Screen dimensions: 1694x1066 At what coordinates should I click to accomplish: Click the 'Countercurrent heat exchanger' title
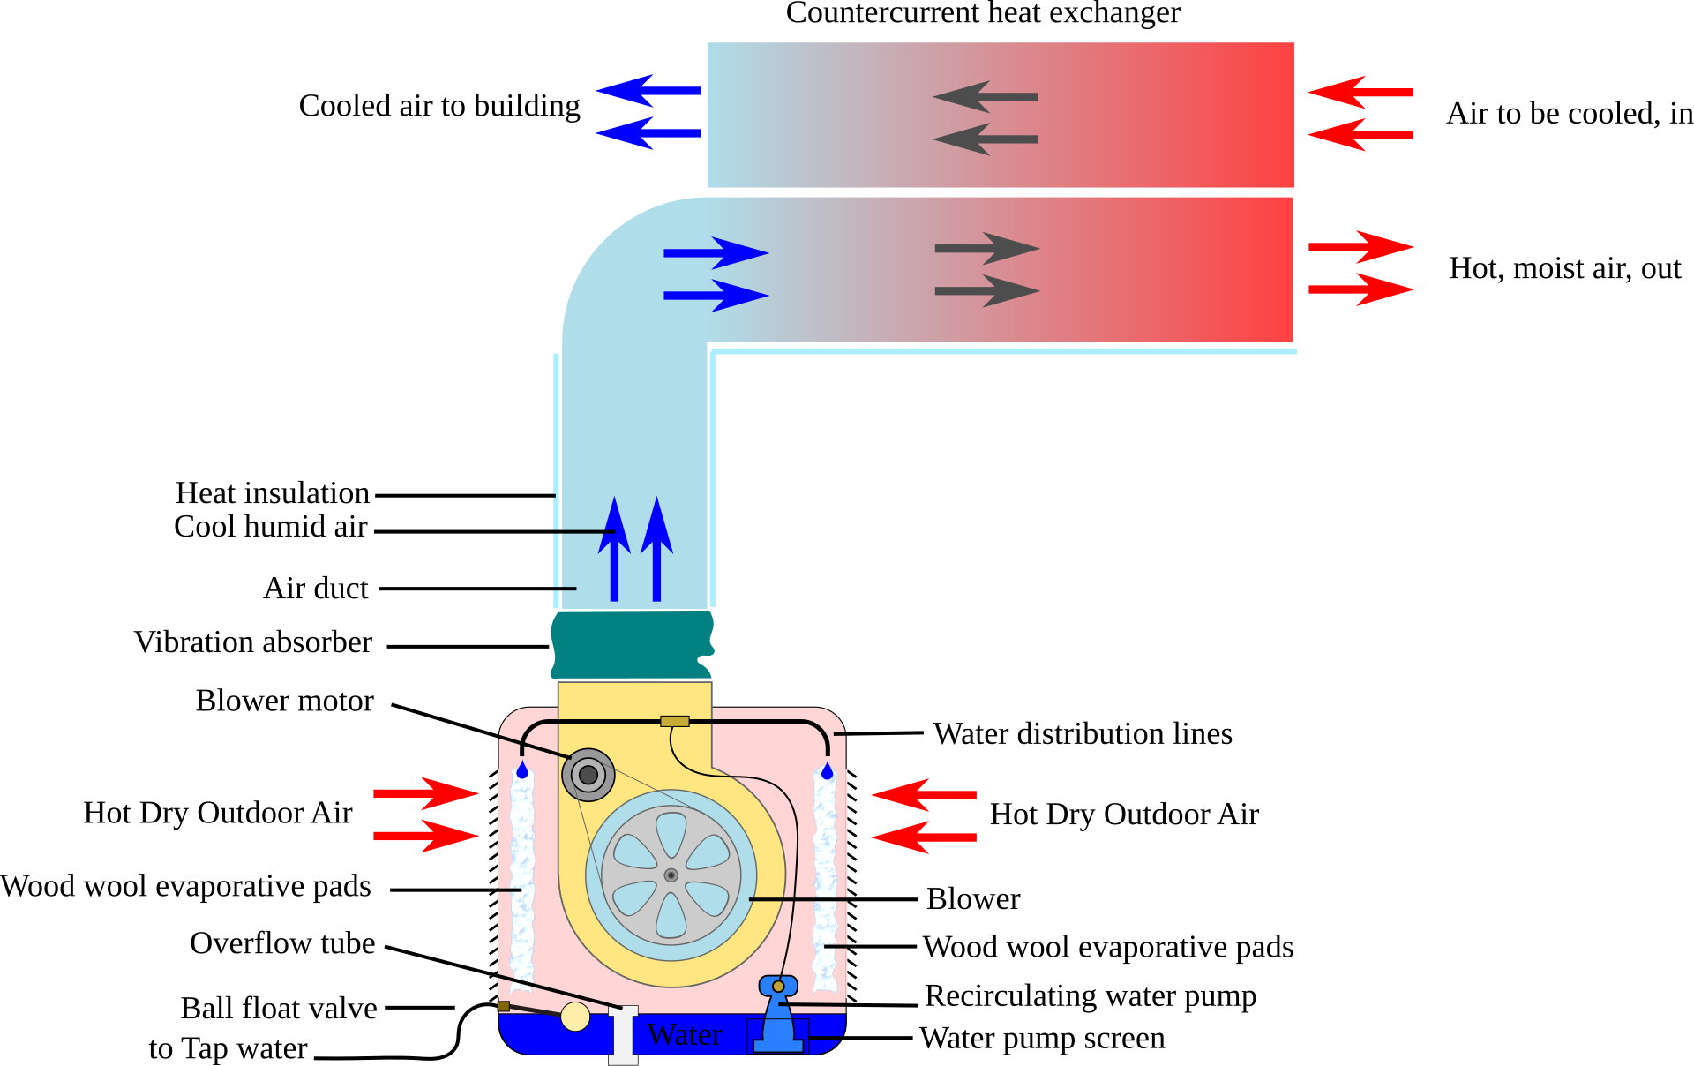point(983,13)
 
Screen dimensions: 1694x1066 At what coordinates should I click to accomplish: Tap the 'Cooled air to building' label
point(439,106)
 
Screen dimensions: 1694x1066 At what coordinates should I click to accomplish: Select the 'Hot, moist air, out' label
point(1565,268)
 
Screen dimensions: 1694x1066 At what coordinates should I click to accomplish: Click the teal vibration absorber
point(633,644)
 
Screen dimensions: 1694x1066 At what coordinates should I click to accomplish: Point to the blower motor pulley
point(588,775)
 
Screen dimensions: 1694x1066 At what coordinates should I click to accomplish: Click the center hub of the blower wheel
point(671,875)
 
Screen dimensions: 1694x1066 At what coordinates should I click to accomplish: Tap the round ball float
point(575,1017)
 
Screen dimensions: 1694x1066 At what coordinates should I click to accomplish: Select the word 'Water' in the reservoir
point(685,1034)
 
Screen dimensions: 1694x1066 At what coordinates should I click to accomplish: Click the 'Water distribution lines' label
point(1083,734)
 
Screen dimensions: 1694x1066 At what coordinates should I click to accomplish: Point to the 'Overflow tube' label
point(282,943)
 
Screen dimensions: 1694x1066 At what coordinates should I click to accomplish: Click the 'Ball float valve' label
point(279,1009)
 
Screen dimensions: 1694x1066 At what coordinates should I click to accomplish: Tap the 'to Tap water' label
point(228,1048)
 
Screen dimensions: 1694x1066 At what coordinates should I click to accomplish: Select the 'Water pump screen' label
point(1042,1039)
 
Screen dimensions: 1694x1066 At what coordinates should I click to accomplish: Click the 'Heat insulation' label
point(273,492)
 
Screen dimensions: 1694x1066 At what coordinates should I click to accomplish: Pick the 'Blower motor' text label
point(285,701)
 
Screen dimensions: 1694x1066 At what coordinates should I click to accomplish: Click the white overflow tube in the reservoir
point(623,1035)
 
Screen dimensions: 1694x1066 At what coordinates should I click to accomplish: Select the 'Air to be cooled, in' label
point(1570,114)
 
